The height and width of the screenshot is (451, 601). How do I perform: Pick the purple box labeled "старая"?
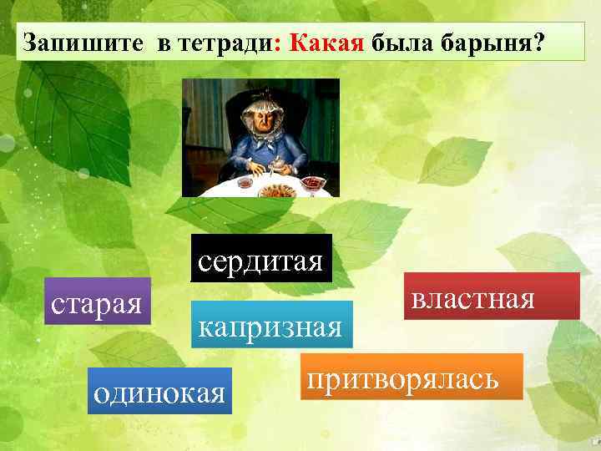[x=97, y=301]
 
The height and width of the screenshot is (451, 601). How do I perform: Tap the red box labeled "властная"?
[x=492, y=296]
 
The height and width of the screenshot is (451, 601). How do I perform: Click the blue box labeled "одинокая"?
[x=159, y=391]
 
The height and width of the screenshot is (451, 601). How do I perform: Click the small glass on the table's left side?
[x=245, y=181]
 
